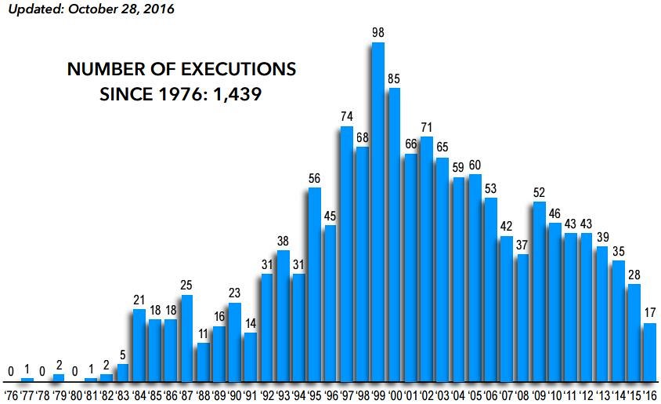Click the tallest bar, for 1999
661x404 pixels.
[x=378, y=212]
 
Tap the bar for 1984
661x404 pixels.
[x=139, y=344]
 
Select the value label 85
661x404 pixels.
[x=394, y=78]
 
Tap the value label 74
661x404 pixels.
[x=346, y=116]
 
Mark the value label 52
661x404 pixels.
[x=538, y=191]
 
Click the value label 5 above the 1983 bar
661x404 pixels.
[x=123, y=354]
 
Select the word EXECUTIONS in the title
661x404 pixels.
[x=228, y=69]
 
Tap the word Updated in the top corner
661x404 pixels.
[x=33, y=10]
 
